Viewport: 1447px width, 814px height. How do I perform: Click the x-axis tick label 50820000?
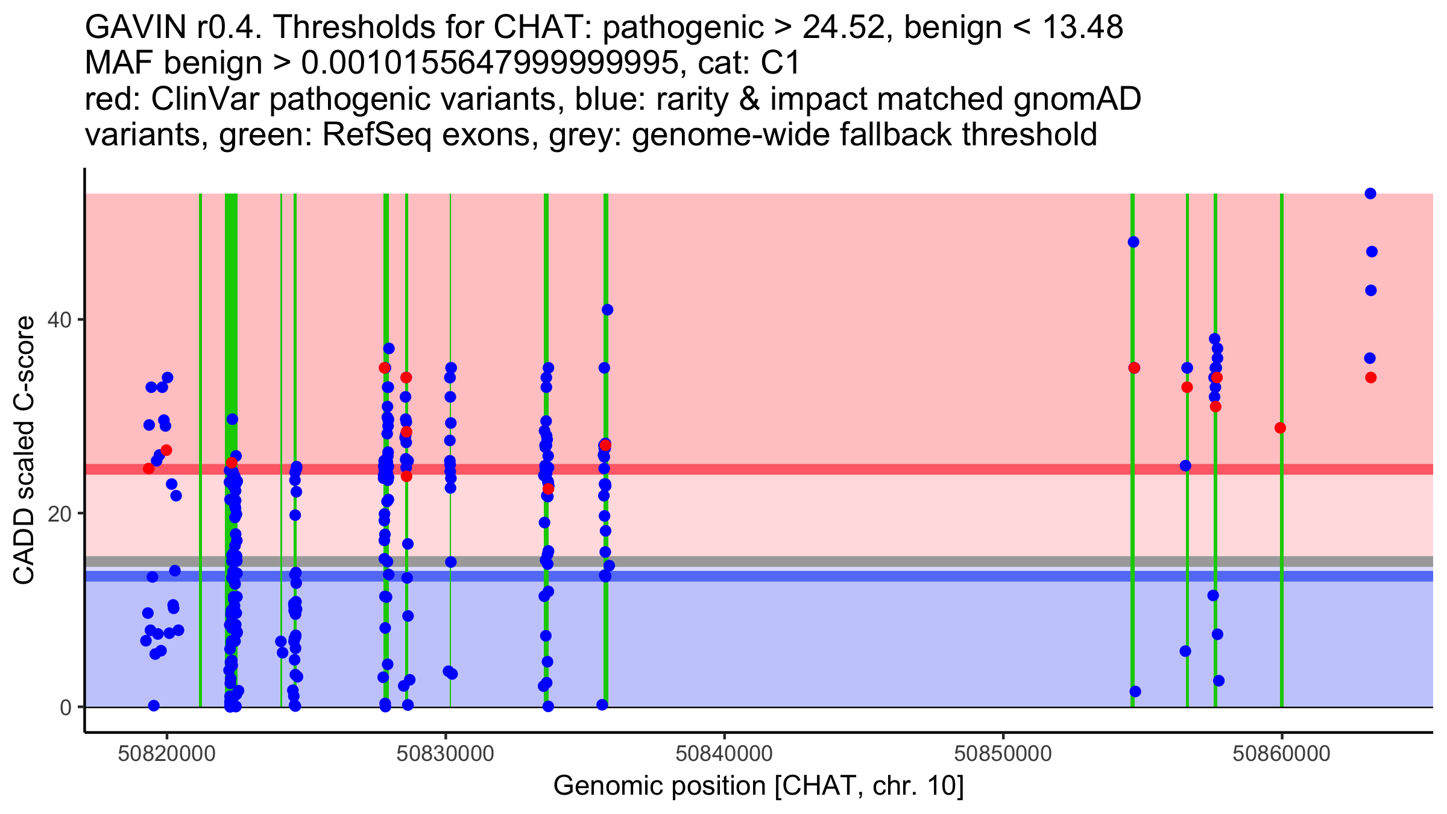(x=167, y=754)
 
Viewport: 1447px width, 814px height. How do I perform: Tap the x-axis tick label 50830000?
(x=446, y=754)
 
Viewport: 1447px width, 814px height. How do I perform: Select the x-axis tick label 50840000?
(x=724, y=754)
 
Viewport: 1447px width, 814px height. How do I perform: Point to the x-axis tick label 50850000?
(x=1003, y=754)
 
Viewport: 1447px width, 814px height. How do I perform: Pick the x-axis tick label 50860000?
(x=1282, y=754)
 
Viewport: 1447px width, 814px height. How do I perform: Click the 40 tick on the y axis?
(x=60, y=320)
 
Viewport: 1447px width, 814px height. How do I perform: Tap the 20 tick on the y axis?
(x=60, y=513)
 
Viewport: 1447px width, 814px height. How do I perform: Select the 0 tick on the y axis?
(x=66, y=707)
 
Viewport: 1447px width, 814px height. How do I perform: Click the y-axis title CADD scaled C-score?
(x=24, y=452)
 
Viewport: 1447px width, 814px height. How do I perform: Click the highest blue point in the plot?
(x=1370, y=194)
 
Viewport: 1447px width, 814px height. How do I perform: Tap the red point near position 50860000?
(x=1280, y=428)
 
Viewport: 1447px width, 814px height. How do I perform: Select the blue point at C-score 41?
(x=607, y=310)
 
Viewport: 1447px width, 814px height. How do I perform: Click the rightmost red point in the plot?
(x=1370, y=377)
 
